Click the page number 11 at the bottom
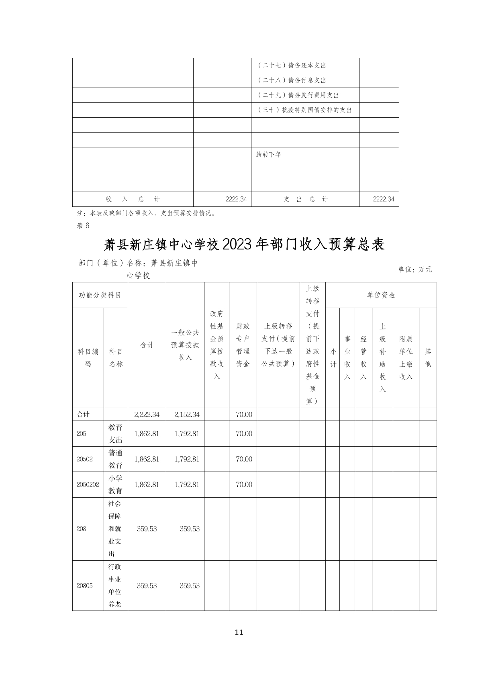tap(239, 632)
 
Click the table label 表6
tap(83, 225)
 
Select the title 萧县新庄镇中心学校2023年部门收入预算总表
tap(244, 244)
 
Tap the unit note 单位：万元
tap(415, 269)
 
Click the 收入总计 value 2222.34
tap(236, 199)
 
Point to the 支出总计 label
tap(305, 199)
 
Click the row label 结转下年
tap(269, 155)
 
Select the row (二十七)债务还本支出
tap(291, 65)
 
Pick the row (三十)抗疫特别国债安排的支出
tap(304, 110)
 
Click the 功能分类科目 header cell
tap(100, 295)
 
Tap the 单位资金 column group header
tap(381, 295)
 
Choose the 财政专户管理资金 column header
tap(243, 345)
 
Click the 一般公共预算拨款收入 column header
tap(185, 345)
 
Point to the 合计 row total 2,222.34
tap(147, 415)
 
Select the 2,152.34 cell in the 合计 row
tap(187, 415)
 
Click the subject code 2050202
tap(88, 484)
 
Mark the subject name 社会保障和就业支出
tap(115, 529)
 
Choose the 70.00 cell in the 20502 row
tap(244, 459)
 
